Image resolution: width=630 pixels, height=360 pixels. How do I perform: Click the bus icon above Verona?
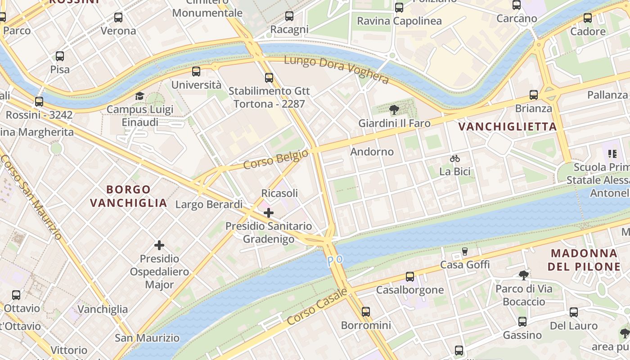coord(118,18)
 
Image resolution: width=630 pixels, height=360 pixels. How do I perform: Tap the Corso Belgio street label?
coord(275,159)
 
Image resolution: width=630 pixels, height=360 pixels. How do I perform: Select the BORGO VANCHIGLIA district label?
coord(129,196)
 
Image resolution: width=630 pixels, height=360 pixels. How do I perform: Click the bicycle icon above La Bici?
coord(455,158)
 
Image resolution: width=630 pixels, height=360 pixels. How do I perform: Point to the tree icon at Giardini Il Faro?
coord(394,110)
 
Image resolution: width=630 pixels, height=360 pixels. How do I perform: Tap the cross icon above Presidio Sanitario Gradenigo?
coord(269,212)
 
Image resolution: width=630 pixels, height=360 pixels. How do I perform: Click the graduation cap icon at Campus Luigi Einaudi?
coord(139,96)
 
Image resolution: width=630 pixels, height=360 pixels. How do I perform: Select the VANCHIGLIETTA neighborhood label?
coord(508,127)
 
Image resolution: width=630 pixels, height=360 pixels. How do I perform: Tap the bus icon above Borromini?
coord(366,311)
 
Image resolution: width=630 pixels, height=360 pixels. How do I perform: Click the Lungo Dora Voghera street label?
coord(336,69)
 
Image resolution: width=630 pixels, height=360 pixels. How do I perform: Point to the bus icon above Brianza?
coord(534,95)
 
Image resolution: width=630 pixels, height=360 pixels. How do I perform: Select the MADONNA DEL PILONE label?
coord(584,260)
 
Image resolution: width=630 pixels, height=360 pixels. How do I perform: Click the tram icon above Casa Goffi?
coord(465,251)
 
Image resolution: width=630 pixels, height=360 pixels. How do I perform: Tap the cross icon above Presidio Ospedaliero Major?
coord(159,245)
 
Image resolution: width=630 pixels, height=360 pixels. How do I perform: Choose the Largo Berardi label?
coord(209,205)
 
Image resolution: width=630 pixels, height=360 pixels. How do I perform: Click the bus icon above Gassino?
coord(522,322)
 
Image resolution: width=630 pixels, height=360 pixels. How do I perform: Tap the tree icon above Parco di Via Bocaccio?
coord(523,275)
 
